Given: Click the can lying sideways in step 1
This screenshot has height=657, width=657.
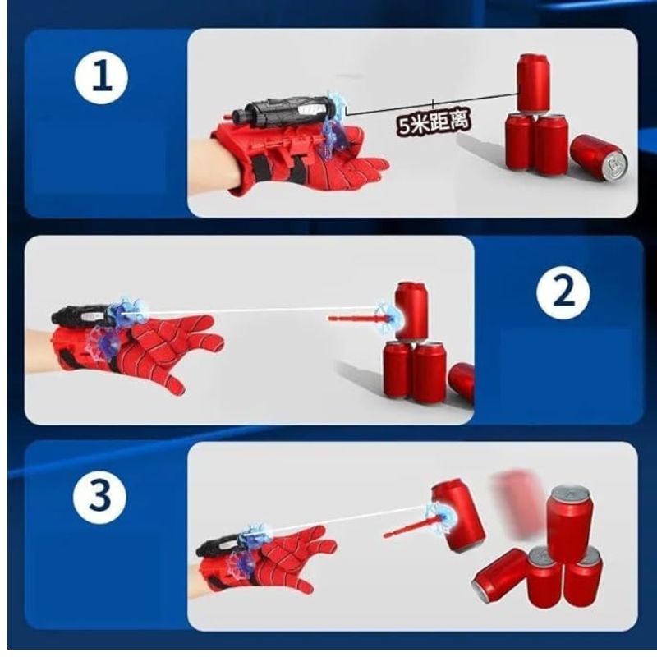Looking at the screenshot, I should tap(597, 158).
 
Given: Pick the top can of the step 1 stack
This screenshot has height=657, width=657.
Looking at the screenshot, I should tap(532, 82).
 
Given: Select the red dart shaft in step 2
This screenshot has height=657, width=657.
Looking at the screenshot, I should tap(349, 317).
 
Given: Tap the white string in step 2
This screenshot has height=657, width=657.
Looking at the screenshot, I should tap(263, 310).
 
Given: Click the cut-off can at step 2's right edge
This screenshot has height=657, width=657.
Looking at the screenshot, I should tap(463, 382).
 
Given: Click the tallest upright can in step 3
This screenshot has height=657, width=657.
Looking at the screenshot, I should tap(570, 521).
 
